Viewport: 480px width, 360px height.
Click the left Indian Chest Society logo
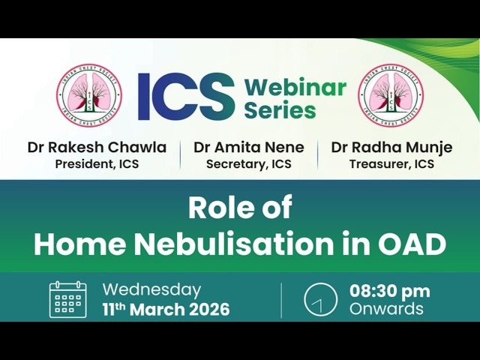[x=89, y=95]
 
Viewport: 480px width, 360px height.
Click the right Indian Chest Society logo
[x=391, y=95]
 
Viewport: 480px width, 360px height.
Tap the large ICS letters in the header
[x=186, y=96]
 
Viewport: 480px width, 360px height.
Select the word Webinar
[x=295, y=87]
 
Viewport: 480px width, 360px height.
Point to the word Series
[x=280, y=109]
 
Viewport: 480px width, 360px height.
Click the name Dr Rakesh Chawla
[x=97, y=147]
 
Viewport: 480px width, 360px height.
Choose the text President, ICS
[x=97, y=164]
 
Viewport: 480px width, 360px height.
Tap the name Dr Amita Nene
[x=249, y=147]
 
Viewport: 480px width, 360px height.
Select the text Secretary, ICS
[x=249, y=164]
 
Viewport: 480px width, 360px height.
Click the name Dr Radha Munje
[x=391, y=148]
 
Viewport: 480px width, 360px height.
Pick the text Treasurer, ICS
[x=391, y=164]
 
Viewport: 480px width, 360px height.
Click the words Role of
[x=240, y=208]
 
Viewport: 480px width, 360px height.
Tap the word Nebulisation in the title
[x=234, y=244]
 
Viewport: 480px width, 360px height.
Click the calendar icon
[x=68, y=300]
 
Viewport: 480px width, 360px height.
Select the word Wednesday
[x=151, y=290]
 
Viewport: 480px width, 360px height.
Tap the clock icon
[x=320, y=299]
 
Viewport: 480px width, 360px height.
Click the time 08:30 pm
[x=390, y=292]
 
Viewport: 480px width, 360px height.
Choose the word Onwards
[x=386, y=308]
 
